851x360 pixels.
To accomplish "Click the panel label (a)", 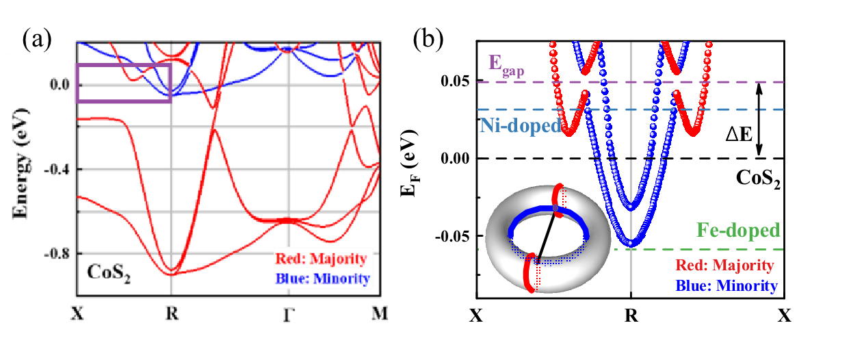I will click(36, 40).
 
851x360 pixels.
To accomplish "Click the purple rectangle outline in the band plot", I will click(77, 83).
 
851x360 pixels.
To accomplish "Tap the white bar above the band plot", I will click(218, 36).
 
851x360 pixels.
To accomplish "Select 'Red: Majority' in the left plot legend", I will click(321, 259).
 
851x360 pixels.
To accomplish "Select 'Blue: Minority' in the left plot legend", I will click(322, 279).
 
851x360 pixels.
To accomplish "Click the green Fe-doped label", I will click(738, 230).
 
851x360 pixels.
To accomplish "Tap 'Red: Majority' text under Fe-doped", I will click(724, 265).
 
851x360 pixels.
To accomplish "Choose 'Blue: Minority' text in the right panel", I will click(726, 285).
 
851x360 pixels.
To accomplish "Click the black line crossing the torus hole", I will click(547, 233).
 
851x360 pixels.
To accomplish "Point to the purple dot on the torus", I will click(558, 208).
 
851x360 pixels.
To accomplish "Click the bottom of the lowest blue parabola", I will click(631, 243).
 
